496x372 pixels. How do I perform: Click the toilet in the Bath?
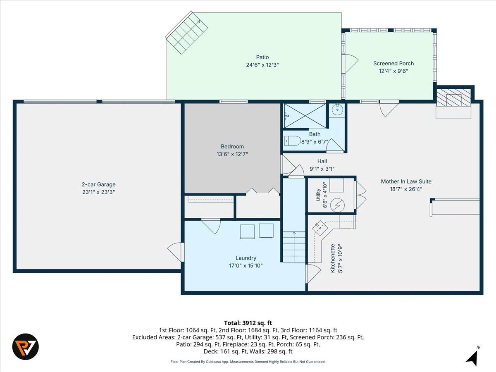[292, 141]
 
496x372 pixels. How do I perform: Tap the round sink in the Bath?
[338, 110]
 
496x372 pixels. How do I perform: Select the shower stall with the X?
[305, 116]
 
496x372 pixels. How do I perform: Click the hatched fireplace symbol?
[453, 98]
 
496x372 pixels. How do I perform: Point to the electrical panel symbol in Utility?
[337, 205]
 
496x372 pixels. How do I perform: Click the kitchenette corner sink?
[320, 228]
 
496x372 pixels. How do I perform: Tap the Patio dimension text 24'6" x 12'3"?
[262, 65]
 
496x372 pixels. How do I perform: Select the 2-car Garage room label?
[99, 184]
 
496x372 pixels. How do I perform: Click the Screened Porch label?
[393, 64]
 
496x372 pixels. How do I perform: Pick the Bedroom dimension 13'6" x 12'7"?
[232, 154]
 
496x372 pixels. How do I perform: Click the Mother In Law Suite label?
[406, 181]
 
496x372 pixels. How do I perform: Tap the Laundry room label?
[246, 258]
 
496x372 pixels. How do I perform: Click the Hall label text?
[322, 161]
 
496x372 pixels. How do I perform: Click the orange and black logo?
[26, 347]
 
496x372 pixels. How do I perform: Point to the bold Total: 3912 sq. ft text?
[248, 323]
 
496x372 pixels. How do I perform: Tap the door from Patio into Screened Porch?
[350, 64]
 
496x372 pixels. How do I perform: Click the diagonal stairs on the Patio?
[187, 33]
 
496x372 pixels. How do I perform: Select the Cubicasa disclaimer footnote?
[248, 362]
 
